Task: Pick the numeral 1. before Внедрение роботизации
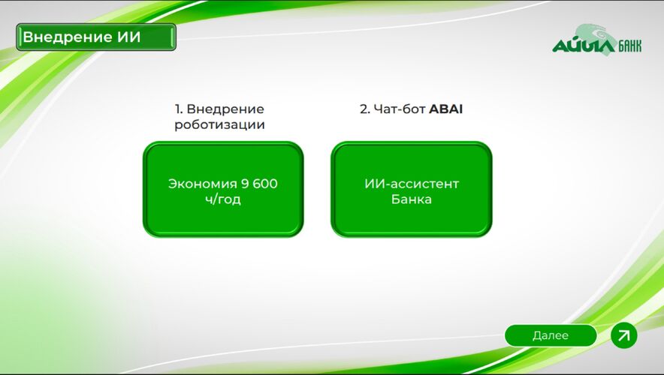coord(179,109)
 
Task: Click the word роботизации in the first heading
coord(219,125)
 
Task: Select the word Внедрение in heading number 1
coord(225,109)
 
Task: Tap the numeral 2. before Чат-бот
coord(365,109)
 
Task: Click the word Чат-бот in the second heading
coord(400,109)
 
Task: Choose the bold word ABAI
coord(446,109)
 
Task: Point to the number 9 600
coord(259,184)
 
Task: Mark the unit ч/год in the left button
coord(223,200)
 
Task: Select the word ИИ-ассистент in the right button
coord(411,184)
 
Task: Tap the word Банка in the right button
coord(411,200)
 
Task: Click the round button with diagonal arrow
coord(623,335)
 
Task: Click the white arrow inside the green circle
coord(623,335)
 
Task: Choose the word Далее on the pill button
coord(551,336)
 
